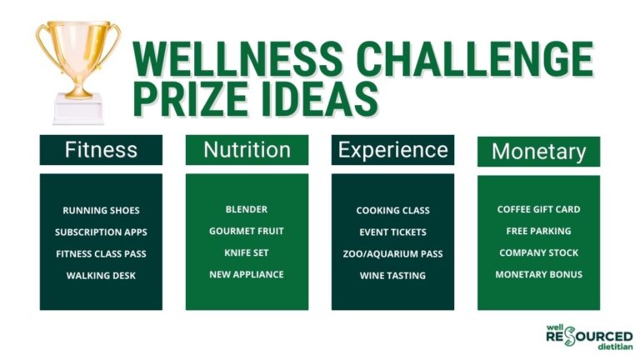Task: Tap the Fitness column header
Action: [101, 150]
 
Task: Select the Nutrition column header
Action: [247, 150]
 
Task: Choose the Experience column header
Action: [392, 150]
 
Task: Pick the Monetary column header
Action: [538, 152]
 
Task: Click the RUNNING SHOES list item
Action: [101, 210]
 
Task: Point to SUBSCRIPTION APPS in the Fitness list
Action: [101, 232]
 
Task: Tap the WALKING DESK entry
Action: [101, 275]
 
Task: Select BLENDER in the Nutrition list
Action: [247, 209]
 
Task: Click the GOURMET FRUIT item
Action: [247, 231]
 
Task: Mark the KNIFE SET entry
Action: [247, 252]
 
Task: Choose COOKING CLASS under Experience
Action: [392, 210]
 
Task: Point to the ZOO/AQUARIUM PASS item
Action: [392, 253]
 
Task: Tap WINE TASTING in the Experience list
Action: [392, 275]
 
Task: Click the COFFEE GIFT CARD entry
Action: [538, 209]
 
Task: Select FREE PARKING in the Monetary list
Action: [538, 231]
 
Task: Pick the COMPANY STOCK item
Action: [538, 252]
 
